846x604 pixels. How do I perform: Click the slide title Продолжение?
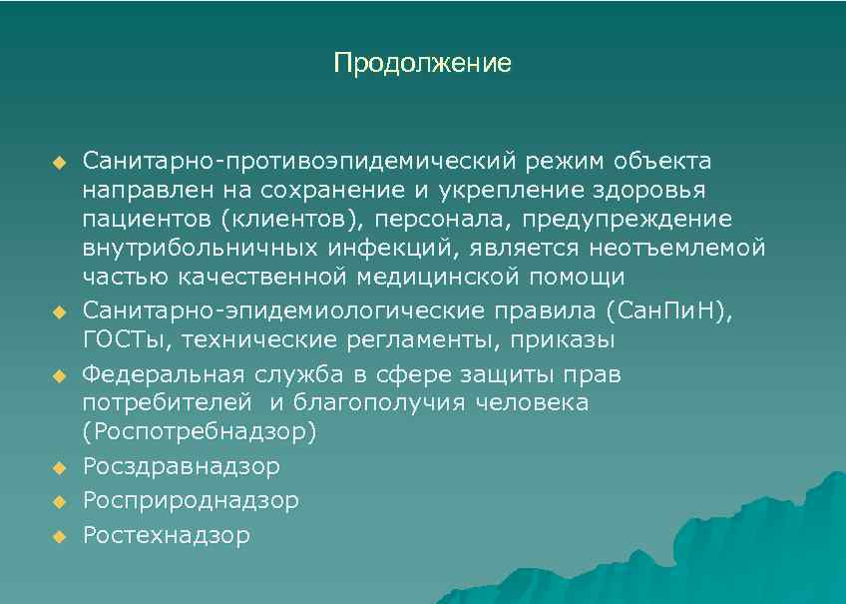[x=422, y=65]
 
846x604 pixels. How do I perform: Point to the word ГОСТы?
[x=125, y=339]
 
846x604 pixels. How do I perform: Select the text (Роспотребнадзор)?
[x=200, y=432]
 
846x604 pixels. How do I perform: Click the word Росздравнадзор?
[x=182, y=466]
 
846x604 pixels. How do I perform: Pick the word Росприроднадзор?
[x=191, y=501]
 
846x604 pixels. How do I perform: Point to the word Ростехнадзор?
[x=167, y=536]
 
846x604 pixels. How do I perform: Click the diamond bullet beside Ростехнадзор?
[x=58, y=537]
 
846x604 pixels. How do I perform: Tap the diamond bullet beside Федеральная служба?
[x=58, y=376]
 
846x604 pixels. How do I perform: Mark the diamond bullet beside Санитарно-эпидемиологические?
[x=58, y=311]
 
